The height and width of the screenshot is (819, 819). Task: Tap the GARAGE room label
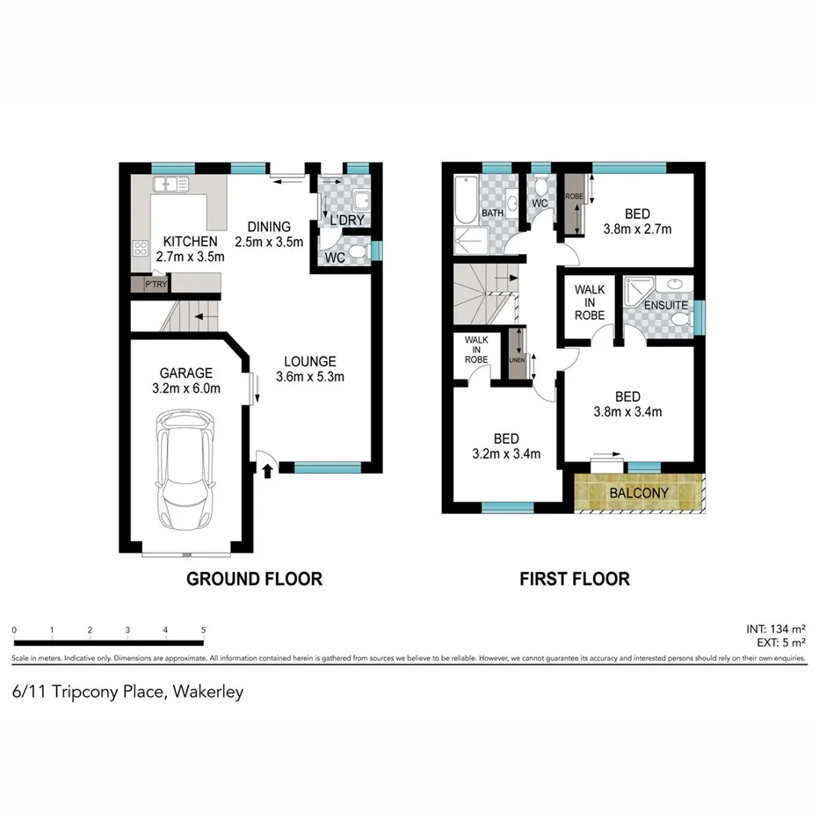pos(185,373)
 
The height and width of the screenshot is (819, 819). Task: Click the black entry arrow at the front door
pos(267,471)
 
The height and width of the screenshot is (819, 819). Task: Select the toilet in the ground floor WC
pos(357,254)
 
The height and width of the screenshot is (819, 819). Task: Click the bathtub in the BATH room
pos(465,199)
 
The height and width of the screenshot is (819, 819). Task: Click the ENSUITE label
pos(665,306)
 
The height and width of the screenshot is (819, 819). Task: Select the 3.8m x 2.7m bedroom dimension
pos(637,230)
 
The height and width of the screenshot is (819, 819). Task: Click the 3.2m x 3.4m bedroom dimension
pos(506,454)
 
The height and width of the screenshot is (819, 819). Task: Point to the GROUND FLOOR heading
pos(254,579)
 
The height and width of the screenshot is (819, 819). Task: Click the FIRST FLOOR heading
pos(575,579)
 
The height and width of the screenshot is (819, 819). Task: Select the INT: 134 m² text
pos(774,629)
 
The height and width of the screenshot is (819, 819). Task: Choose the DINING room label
pos(269,225)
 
